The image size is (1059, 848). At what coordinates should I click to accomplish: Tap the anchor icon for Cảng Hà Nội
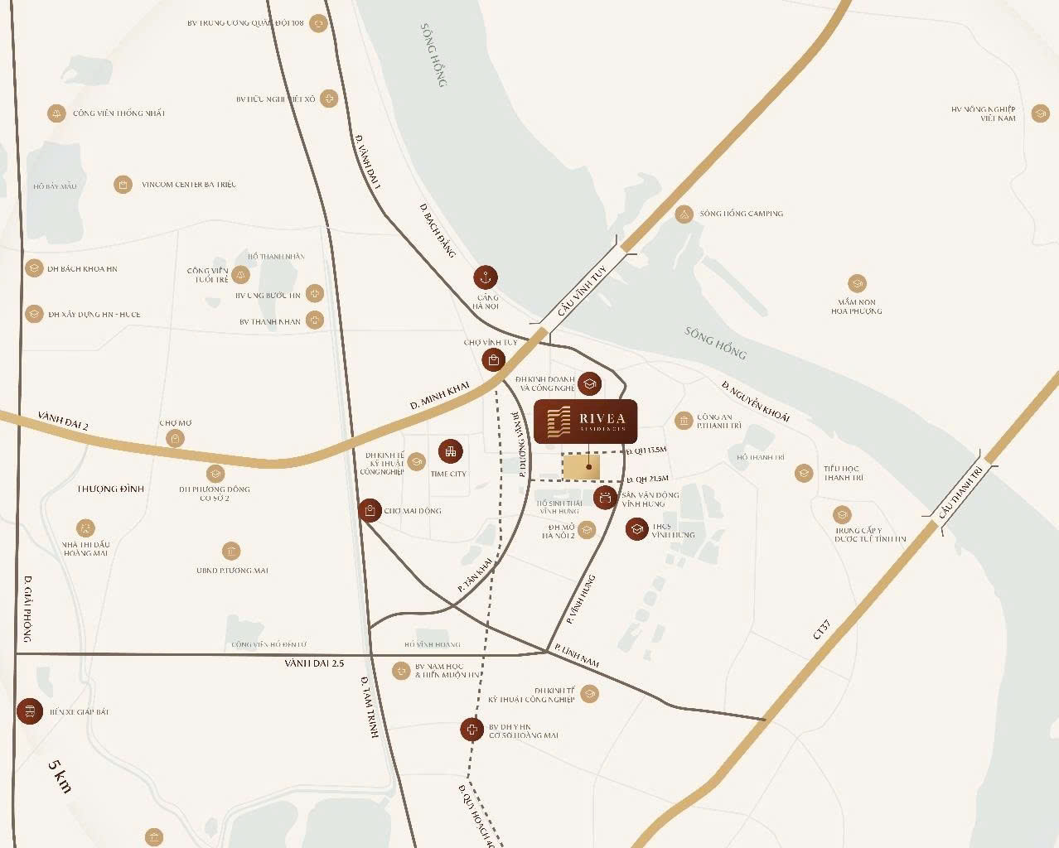tap(485, 277)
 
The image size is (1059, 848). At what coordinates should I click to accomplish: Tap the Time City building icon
tap(450, 451)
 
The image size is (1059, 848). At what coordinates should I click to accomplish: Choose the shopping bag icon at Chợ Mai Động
tap(370, 510)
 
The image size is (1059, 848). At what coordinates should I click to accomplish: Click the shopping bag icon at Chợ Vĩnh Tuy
tap(493, 359)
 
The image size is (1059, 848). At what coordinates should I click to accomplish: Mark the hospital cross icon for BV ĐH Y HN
tap(471, 730)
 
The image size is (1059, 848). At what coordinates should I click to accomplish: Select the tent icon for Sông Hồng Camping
tap(684, 214)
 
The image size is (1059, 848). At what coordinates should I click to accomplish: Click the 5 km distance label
tap(59, 776)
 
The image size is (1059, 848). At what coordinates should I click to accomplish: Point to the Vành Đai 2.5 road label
tap(313, 663)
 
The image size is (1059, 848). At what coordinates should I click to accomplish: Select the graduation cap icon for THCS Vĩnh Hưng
tap(636, 529)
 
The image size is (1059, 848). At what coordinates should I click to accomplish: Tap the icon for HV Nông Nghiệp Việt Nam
tap(1040, 113)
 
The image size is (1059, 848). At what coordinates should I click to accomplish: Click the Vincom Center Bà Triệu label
tap(189, 185)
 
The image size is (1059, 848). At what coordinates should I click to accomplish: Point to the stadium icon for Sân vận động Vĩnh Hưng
tap(605, 497)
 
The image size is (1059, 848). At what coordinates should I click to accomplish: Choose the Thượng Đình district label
tap(110, 489)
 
